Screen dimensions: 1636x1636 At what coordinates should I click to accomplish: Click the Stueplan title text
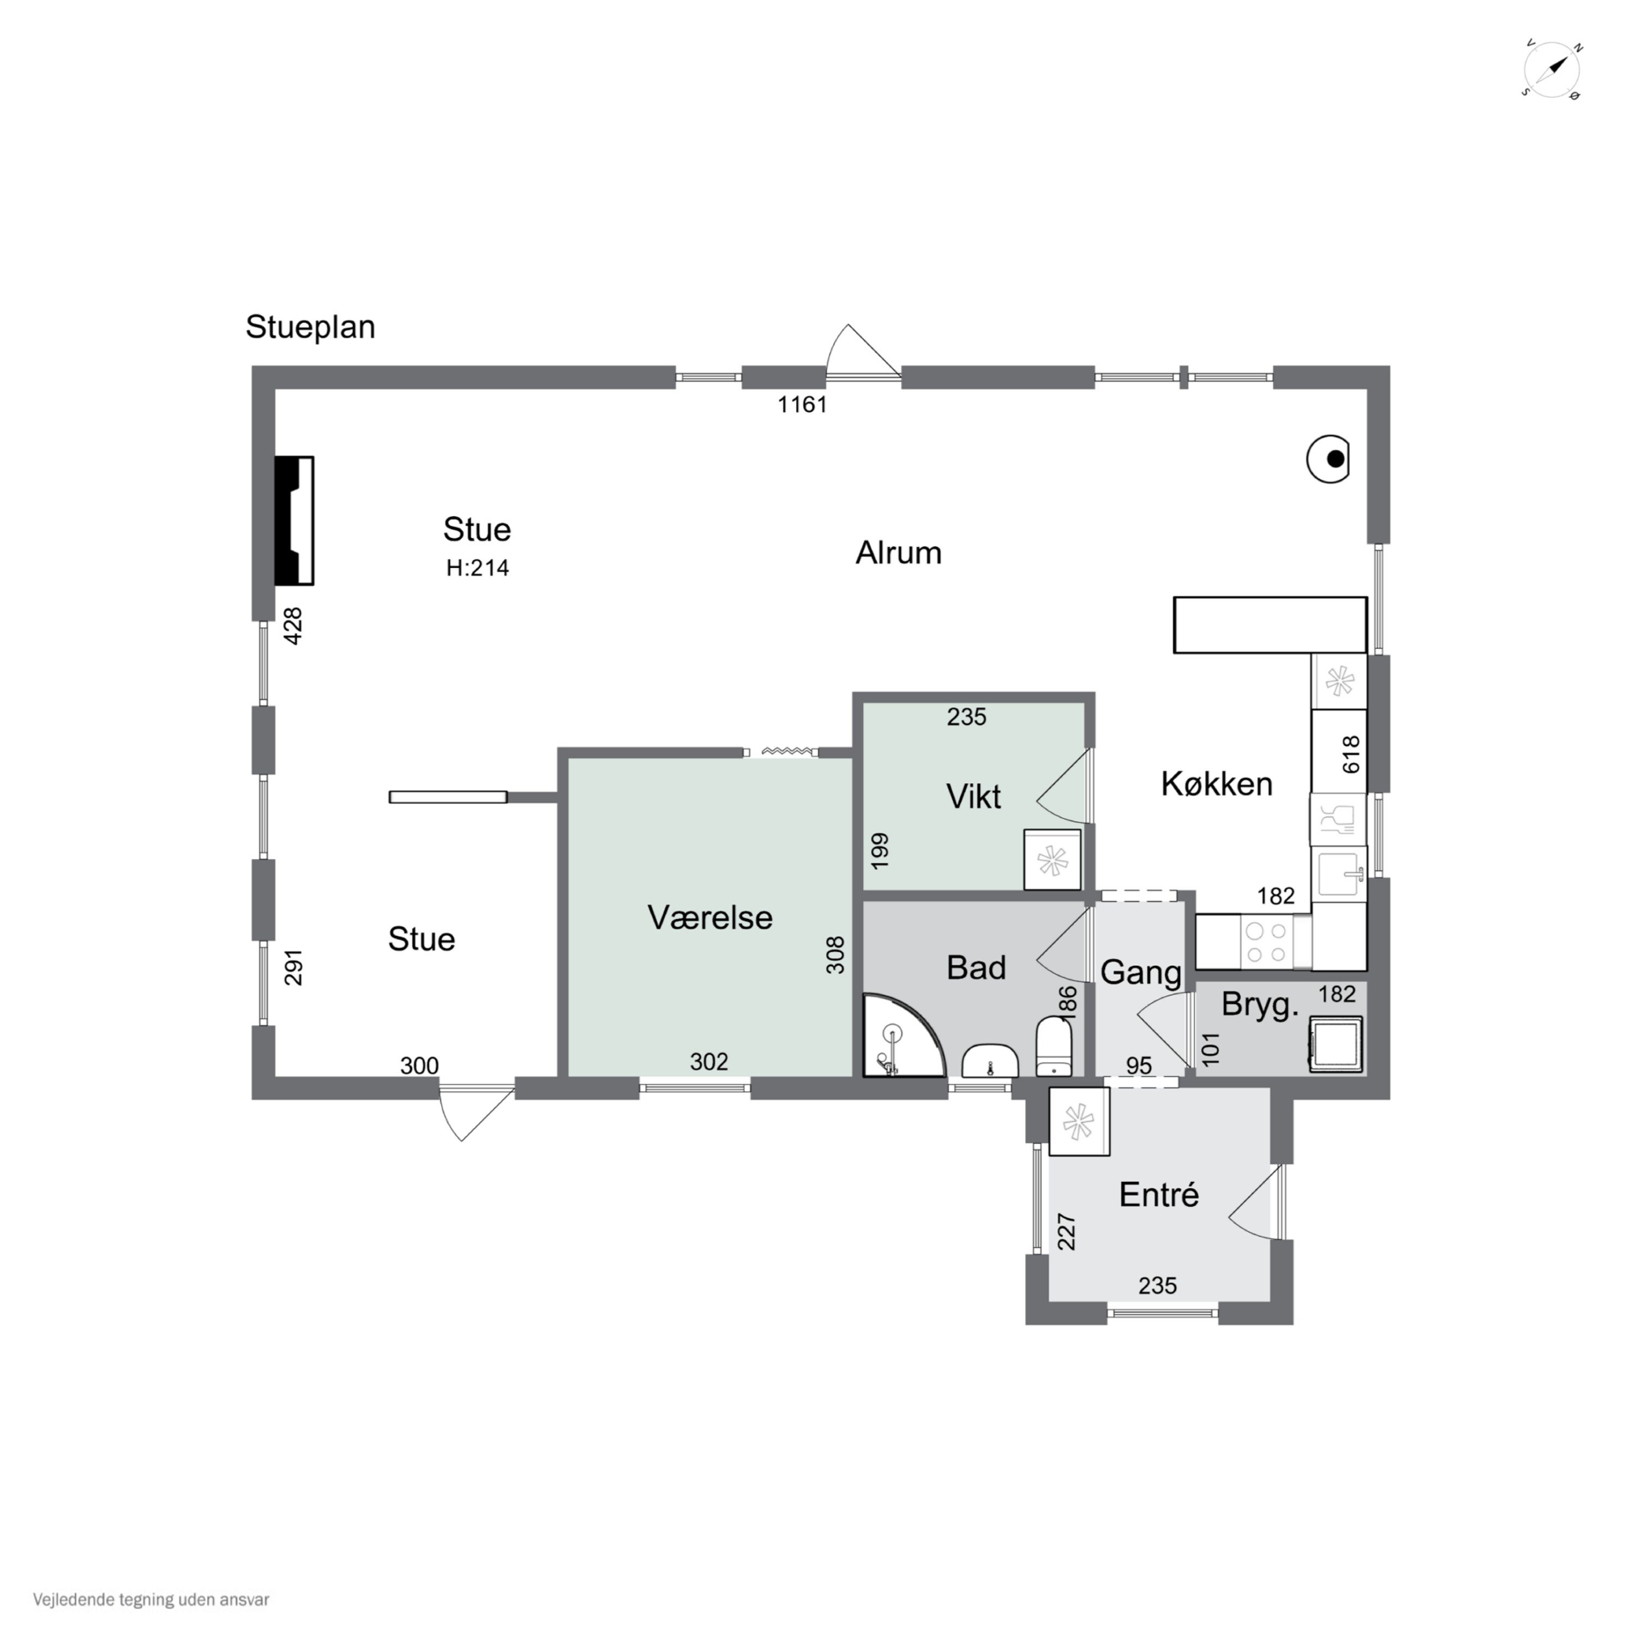(310, 327)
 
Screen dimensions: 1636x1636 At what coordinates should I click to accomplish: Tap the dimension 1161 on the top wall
(802, 405)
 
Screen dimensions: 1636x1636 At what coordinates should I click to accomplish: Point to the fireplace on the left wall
(294, 520)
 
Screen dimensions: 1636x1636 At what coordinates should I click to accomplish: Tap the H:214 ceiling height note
(478, 567)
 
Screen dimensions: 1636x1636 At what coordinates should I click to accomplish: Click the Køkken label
(1216, 784)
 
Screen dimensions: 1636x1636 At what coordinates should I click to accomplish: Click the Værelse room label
(709, 918)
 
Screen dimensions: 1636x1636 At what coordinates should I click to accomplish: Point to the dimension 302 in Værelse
(709, 1061)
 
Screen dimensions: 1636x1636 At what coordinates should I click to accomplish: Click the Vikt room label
(973, 797)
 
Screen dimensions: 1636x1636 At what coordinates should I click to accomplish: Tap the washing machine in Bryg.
(1336, 1043)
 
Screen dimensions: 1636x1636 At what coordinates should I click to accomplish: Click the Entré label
(1158, 1195)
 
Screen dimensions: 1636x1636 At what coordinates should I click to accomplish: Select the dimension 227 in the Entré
(1066, 1232)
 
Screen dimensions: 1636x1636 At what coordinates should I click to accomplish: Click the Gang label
(1141, 972)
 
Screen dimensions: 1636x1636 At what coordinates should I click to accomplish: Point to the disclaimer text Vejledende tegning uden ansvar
(151, 1599)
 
